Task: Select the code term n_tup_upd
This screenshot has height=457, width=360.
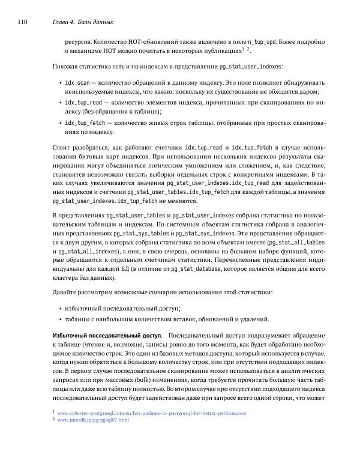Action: [265, 43]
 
